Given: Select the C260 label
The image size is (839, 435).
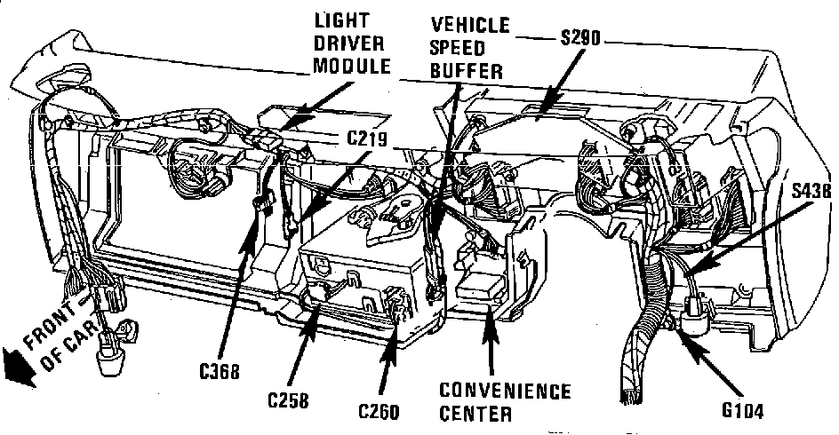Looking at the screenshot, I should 380,412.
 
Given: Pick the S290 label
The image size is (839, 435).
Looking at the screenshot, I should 583,39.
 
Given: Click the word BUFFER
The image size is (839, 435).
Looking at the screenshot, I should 467,71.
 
